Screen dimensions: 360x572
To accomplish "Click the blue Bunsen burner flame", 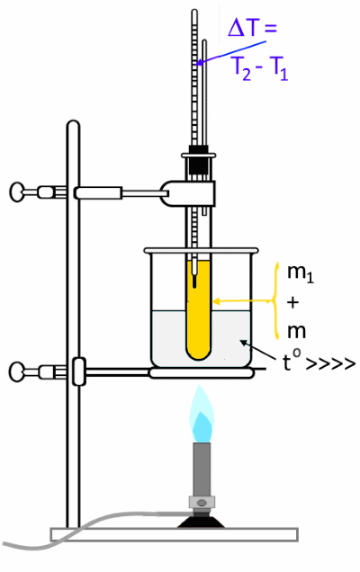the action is pos(202,416).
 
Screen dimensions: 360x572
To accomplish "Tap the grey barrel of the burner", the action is pos(202,469).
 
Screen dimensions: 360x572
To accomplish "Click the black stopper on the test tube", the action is pos(199,160).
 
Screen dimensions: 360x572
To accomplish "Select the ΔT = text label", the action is pos(252,28).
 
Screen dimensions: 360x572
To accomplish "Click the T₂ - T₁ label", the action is pos(260,69).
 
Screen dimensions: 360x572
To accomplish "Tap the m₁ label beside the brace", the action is pos(300,273).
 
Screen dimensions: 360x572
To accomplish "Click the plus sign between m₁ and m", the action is pos(293,302).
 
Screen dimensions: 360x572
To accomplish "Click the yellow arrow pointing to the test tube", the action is pos(242,301).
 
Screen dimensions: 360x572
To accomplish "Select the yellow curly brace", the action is pos(276,301).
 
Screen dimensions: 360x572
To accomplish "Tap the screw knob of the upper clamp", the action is pos(16,192).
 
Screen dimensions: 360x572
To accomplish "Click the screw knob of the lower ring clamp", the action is pos(16,371).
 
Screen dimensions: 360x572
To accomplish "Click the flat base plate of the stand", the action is pos(175,534).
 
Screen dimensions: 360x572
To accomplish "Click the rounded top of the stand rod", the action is pos(73,125).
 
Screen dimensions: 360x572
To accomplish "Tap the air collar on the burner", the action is pos(202,503).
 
